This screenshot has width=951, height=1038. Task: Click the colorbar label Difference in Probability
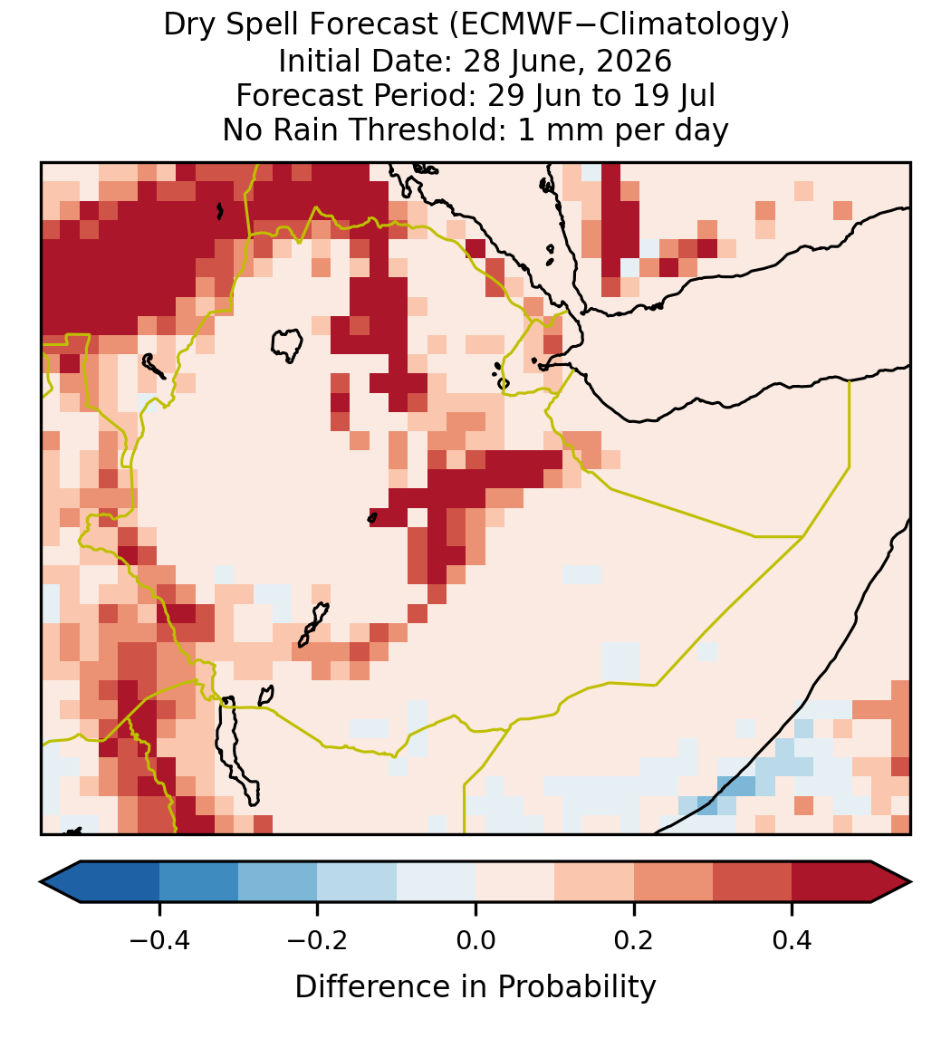(475, 987)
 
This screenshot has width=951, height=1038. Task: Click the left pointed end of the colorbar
(41, 882)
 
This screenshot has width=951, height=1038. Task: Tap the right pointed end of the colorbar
(910, 882)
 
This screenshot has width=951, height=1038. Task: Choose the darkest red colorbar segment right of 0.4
(831, 882)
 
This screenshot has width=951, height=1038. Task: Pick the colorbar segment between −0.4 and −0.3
(198, 882)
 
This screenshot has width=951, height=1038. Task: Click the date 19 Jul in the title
(674, 95)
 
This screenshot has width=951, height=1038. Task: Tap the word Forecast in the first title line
(372, 25)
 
